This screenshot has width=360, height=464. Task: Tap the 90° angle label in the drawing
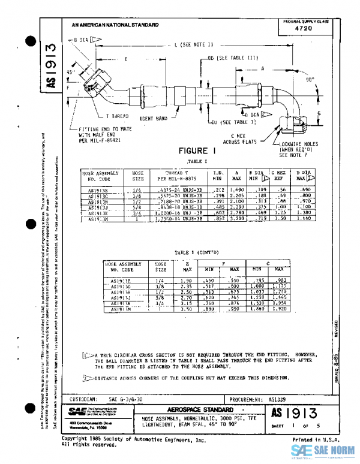(310, 79)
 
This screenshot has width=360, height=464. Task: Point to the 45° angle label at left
(70, 72)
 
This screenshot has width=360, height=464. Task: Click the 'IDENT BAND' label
(153, 119)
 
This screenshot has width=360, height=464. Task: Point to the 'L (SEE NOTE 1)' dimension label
(189, 45)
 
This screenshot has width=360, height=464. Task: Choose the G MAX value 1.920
(278, 310)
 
